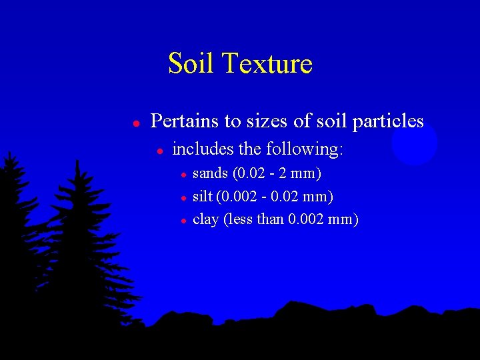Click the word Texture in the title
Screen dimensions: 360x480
(x=267, y=64)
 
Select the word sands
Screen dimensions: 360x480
(x=209, y=175)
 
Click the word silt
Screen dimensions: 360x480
(x=201, y=197)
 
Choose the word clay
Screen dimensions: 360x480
(x=205, y=219)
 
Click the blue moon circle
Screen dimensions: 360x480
(x=414, y=143)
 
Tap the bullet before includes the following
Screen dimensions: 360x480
(x=160, y=151)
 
